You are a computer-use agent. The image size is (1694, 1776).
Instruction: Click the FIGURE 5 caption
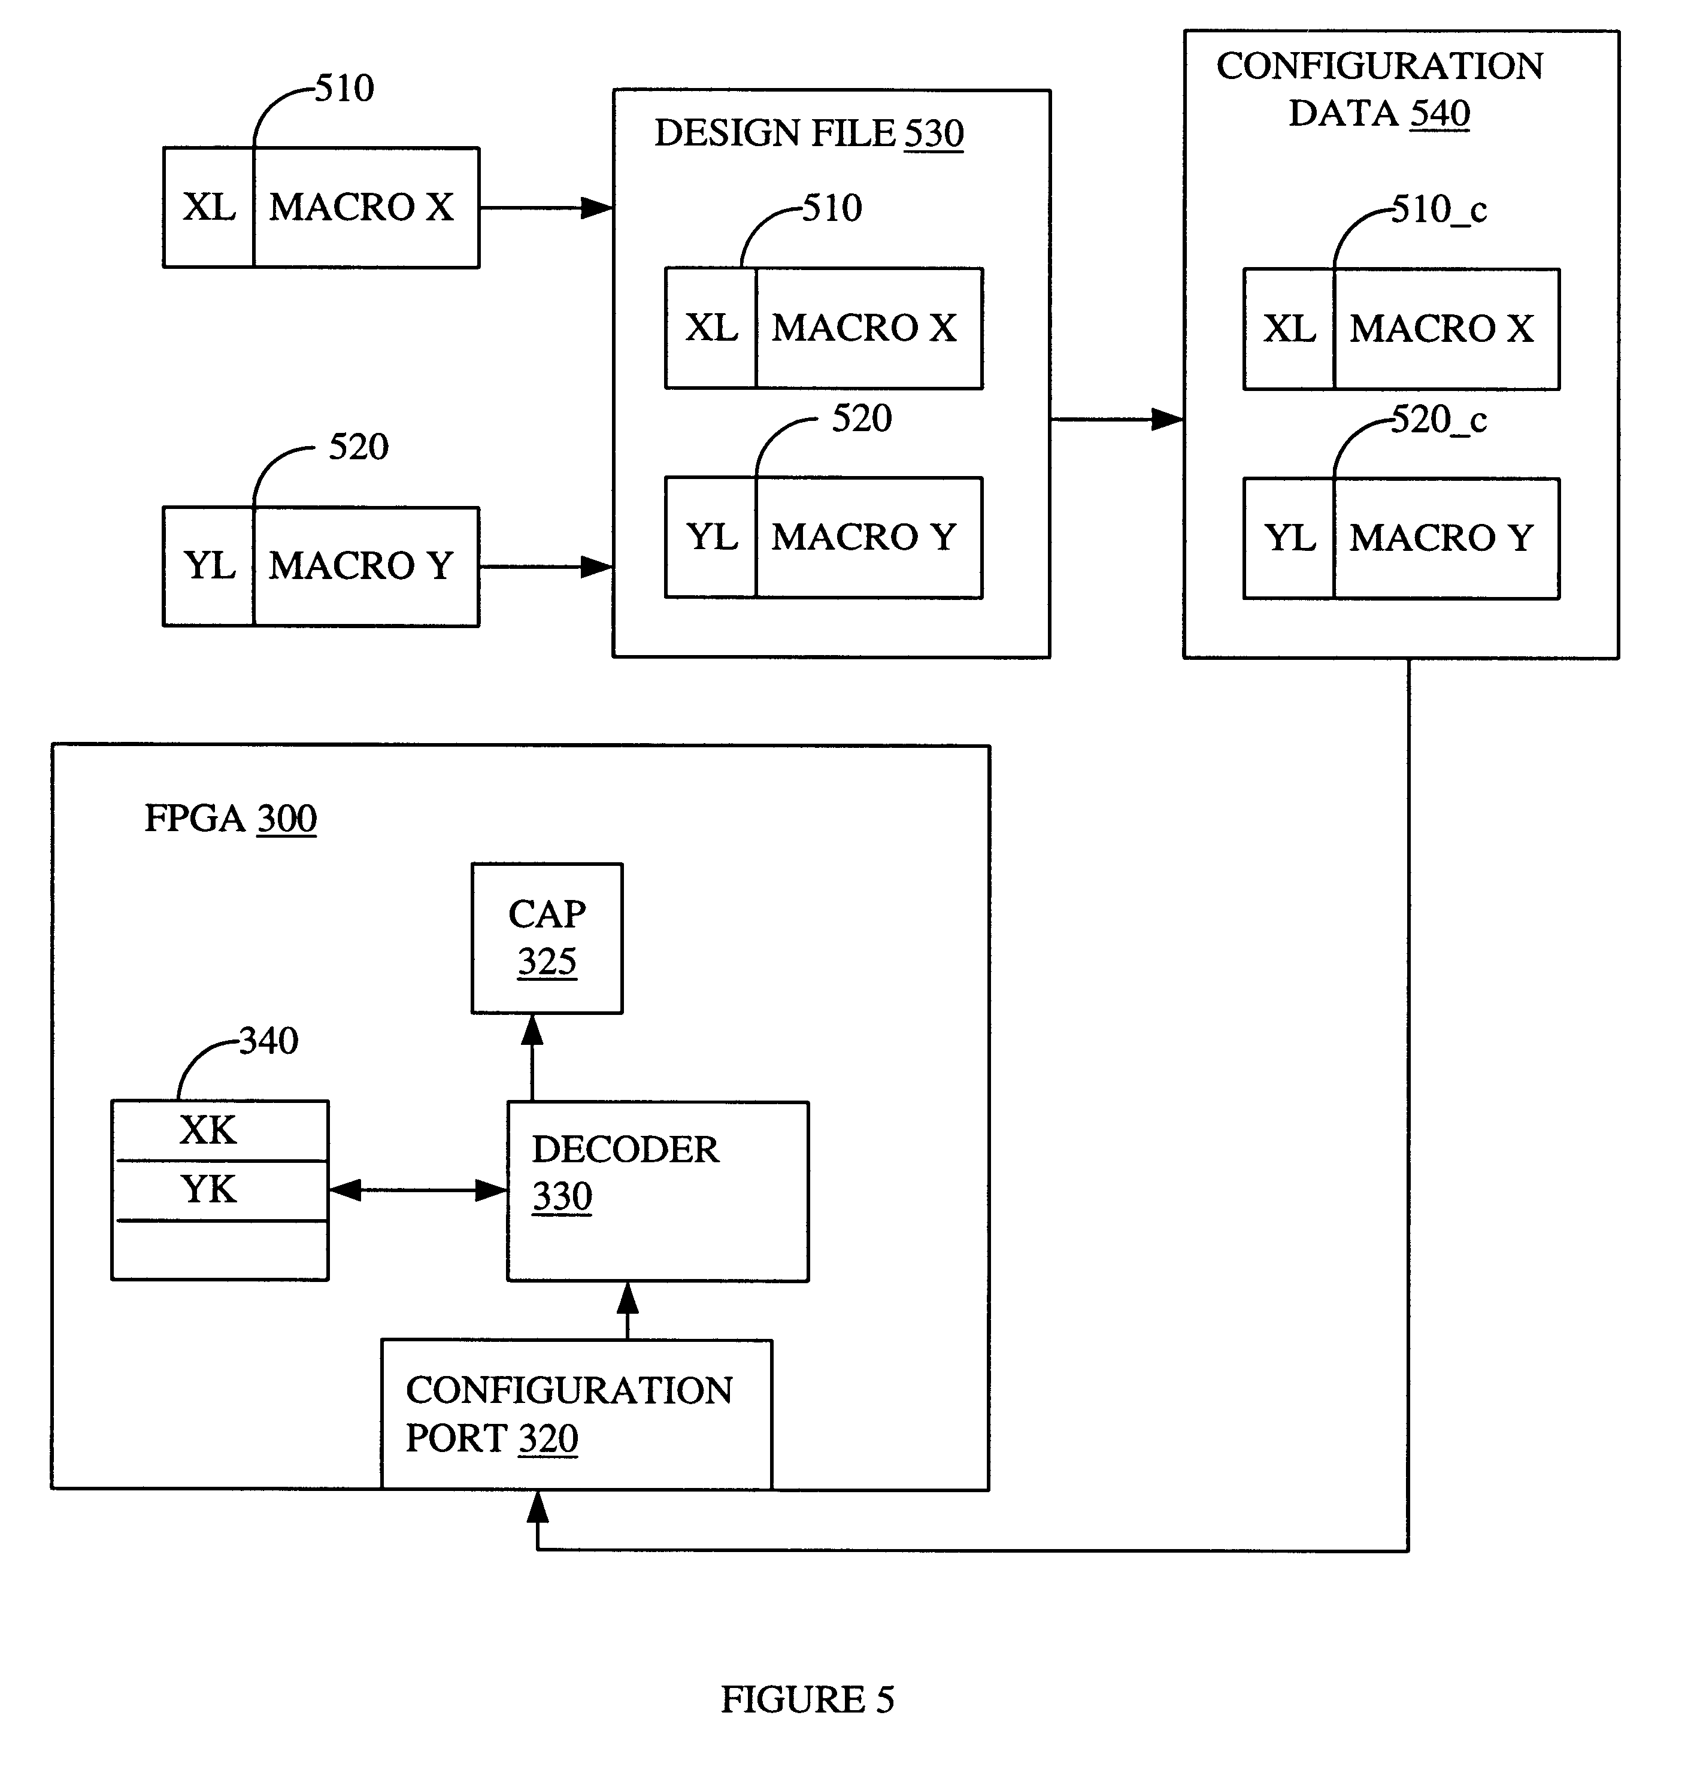coord(807,1699)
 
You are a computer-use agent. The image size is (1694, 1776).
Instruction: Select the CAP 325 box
coord(546,938)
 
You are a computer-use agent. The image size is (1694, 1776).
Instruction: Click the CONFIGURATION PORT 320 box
coord(576,1414)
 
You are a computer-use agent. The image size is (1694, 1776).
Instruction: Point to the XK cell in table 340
coord(219,1131)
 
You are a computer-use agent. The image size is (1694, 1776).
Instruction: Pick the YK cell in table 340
coord(219,1190)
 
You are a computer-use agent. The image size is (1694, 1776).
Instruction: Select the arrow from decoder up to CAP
coord(533,1057)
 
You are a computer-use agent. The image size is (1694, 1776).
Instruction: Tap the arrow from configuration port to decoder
coord(628,1310)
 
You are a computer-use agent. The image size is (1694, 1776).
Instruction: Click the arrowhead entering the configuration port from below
coord(537,1506)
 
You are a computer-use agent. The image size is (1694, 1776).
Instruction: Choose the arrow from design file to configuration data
coord(1116,419)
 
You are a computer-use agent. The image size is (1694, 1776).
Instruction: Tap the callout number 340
coord(268,1041)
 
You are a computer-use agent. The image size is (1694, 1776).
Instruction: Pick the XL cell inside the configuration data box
coord(1289,329)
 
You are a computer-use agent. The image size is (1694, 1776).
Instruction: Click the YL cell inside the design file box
coord(711,537)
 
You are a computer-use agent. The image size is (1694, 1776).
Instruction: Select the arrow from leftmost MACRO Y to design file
coord(546,567)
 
